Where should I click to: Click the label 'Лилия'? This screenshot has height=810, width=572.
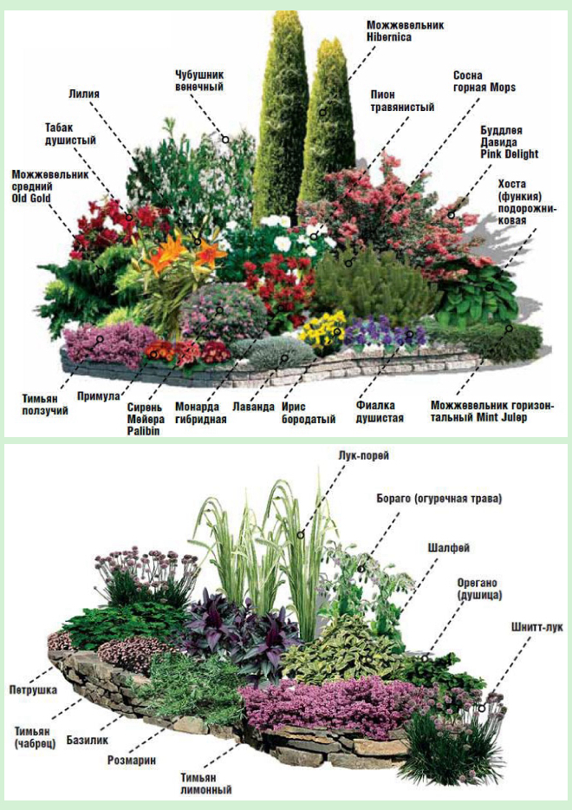[x=85, y=91]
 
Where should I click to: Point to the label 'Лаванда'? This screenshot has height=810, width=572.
[x=253, y=405]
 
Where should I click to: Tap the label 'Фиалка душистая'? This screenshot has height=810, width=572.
[x=380, y=410]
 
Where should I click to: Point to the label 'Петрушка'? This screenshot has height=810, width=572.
[x=34, y=689]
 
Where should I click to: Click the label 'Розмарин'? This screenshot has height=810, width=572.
[x=132, y=760]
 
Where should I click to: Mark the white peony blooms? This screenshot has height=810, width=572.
[x=282, y=234]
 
